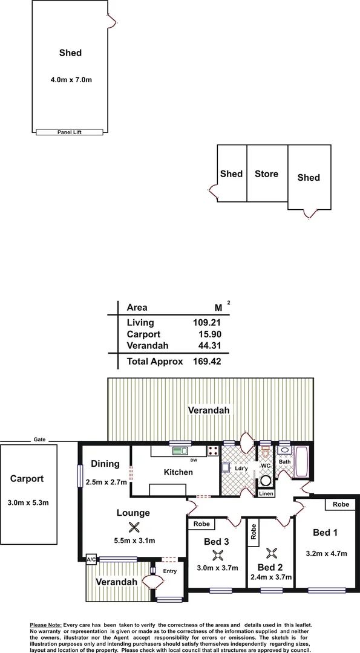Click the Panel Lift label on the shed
[x=70, y=132]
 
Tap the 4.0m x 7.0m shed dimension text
[x=70, y=79]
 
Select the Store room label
[x=266, y=174]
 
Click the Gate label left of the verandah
[x=40, y=440]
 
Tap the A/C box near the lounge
[x=91, y=560]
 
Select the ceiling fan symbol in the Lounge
[x=134, y=527]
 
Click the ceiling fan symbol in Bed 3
[x=217, y=555]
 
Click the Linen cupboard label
[x=266, y=494]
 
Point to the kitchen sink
[x=180, y=450]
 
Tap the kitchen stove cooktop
[x=212, y=450]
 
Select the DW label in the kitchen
[x=194, y=461]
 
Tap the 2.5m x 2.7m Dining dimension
[x=106, y=481]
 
